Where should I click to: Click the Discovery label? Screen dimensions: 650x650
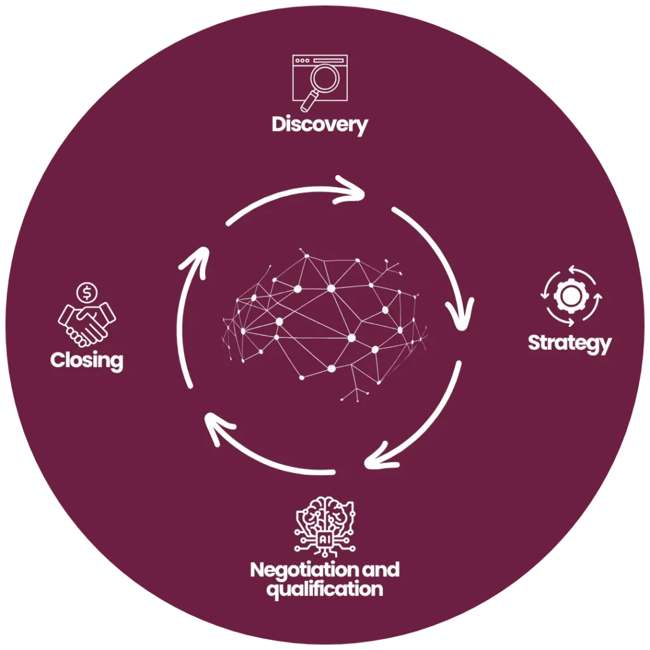[x=319, y=124]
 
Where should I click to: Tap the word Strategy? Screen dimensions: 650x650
[x=569, y=343]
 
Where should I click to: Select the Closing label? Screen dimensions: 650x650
[x=86, y=361]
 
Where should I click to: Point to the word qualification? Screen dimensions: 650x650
[x=324, y=589]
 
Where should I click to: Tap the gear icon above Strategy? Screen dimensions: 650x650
[x=568, y=296]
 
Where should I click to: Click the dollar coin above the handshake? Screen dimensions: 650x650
[x=86, y=293]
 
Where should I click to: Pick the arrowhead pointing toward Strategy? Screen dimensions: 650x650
[x=460, y=312]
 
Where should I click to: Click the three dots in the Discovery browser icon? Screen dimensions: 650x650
[x=302, y=61]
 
